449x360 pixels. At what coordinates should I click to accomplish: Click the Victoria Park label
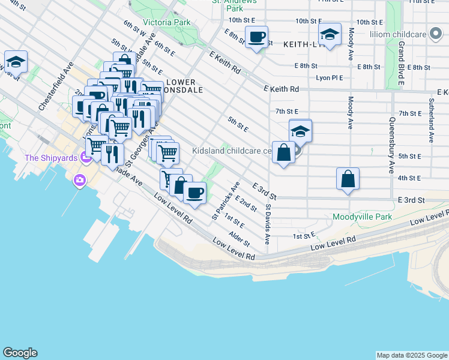pyautogui.click(x=166, y=22)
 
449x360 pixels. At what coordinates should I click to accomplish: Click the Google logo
pyautogui.click(x=20, y=353)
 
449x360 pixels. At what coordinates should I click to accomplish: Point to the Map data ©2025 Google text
pyautogui.click(x=411, y=355)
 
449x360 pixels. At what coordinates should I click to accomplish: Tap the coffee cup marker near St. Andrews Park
pyautogui.click(x=257, y=37)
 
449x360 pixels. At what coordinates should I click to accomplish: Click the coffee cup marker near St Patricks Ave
pyautogui.click(x=194, y=193)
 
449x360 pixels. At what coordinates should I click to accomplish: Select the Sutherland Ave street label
pyautogui.click(x=431, y=120)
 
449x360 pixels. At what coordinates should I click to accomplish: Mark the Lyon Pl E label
pyautogui.click(x=330, y=77)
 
